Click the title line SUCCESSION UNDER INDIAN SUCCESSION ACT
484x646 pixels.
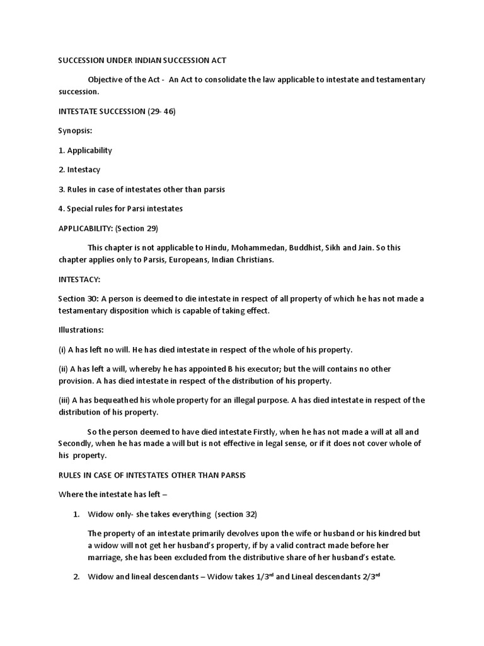click(x=142, y=60)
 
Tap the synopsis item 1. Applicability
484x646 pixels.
click(x=85, y=151)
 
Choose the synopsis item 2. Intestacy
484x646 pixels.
click(x=79, y=170)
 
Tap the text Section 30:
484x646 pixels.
click(x=79, y=298)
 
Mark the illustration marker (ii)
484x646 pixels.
click(x=64, y=368)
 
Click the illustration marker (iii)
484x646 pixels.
click(x=66, y=400)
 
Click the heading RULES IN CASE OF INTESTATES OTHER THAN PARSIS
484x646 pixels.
click(x=152, y=475)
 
